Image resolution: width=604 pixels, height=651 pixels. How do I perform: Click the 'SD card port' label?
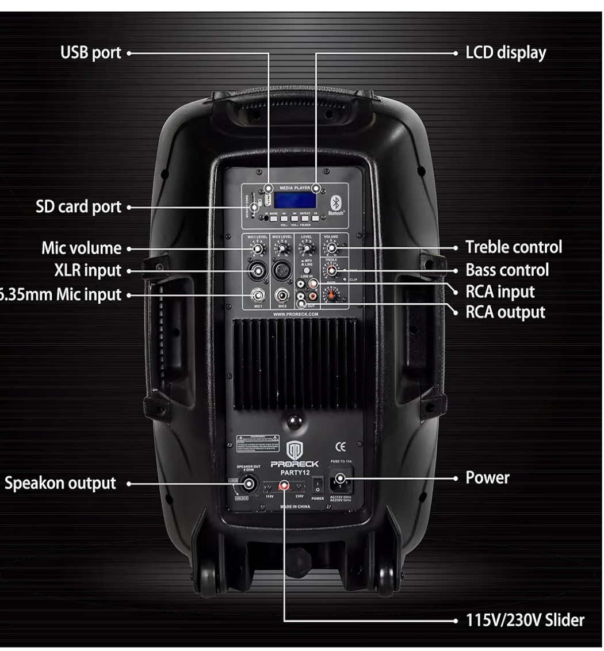(80, 207)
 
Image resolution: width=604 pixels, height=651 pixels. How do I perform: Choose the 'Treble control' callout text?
(513, 248)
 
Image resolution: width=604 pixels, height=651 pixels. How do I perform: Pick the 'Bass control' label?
(506, 270)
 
